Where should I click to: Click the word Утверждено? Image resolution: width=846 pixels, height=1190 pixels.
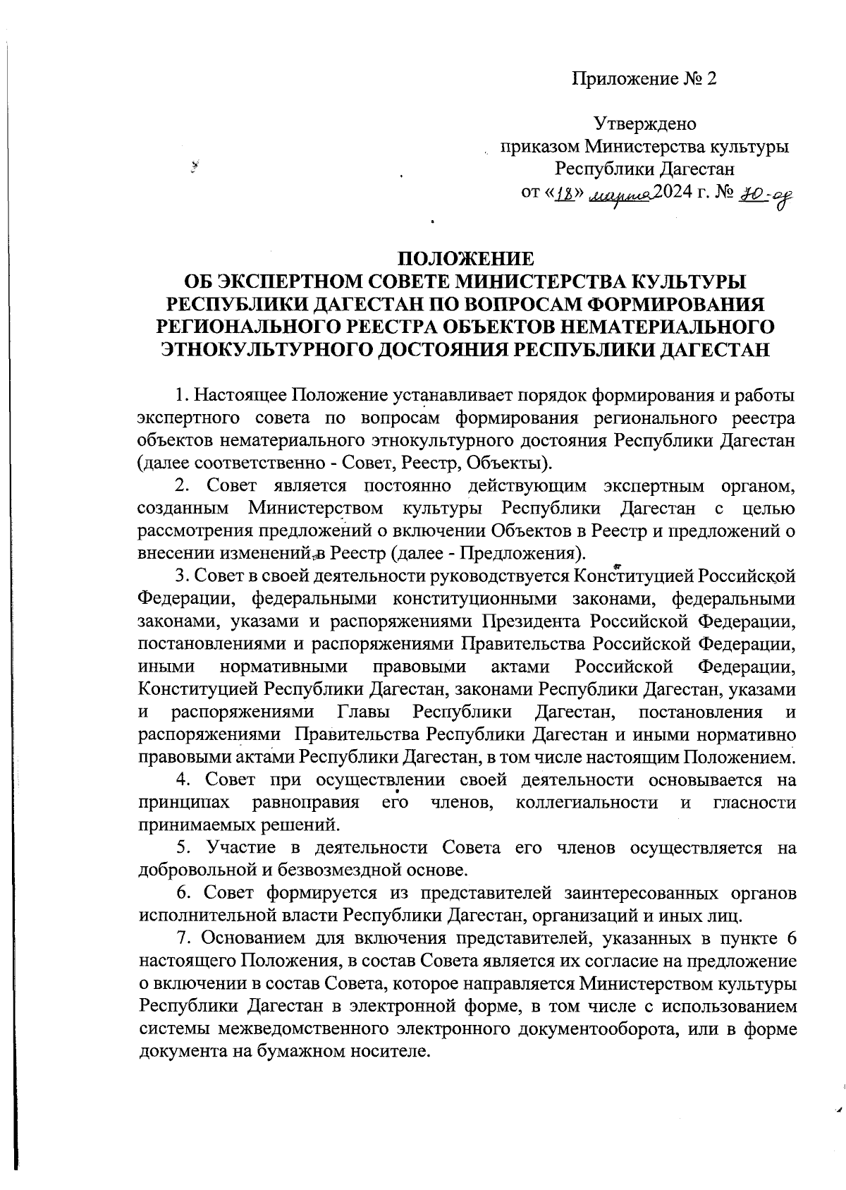pyautogui.click(x=645, y=125)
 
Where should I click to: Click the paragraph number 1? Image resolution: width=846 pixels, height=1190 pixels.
pyautogui.click(x=181, y=394)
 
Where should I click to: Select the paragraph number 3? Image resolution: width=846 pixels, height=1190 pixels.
pyautogui.click(x=180, y=576)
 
